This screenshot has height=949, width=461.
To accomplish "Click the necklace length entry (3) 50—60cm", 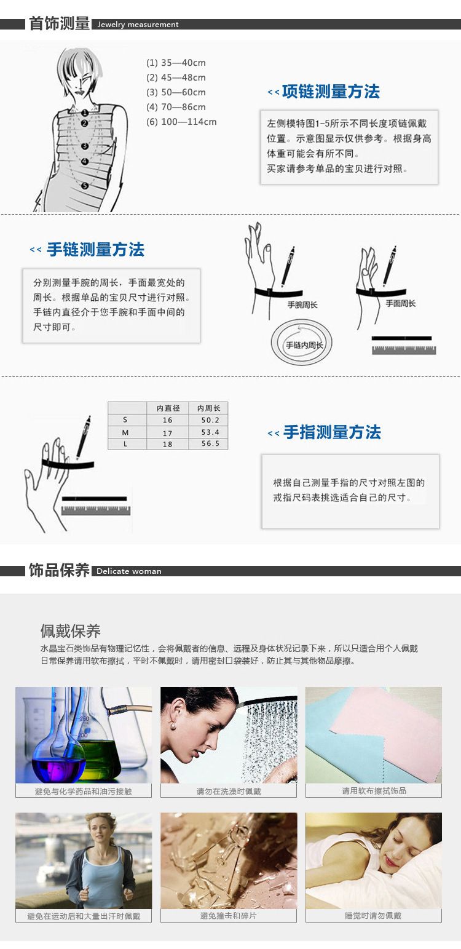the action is [x=176, y=92].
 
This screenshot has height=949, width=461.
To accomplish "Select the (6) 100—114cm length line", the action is [x=181, y=122].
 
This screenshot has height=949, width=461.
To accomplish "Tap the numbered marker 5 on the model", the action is [x=85, y=186].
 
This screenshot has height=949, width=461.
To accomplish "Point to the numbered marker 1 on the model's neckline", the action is [x=85, y=113].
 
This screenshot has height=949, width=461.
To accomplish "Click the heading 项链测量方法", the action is [x=331, y=92].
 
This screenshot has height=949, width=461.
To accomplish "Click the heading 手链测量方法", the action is [x=96, y=250].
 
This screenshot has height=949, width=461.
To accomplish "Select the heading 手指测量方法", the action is [x=333, y=432].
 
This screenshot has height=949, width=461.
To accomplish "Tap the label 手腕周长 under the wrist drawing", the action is [x=302, y=304].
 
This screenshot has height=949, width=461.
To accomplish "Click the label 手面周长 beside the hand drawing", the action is [x=401, y=303].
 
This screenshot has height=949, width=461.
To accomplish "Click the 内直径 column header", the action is [x=168, y=408].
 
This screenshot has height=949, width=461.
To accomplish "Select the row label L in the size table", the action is [x=125, y=444].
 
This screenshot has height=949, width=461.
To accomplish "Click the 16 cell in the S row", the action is [x=168, y=420].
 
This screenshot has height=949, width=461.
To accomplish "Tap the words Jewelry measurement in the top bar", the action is [x=138, y=25].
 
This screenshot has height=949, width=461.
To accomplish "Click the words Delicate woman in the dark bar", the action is [x=128, y=571].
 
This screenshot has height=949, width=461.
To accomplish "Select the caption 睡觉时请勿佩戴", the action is [x=373, y=916].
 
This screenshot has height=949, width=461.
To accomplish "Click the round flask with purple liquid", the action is [x=59, y=760].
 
